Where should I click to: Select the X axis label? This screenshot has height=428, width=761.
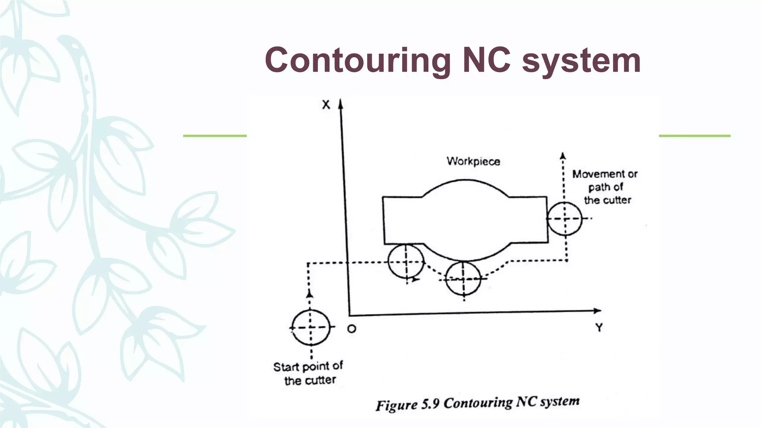[x=326, y=105]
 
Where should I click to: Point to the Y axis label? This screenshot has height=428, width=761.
[x=599, y=328]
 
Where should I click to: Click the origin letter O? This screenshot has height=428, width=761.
[x=352, y=329]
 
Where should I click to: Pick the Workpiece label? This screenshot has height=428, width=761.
[x=473, y=161]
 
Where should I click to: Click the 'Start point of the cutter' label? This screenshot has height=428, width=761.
[x=308, y=373]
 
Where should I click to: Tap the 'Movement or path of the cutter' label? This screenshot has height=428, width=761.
[x=605, y=187]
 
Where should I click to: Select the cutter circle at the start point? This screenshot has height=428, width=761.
[x=311, y=327]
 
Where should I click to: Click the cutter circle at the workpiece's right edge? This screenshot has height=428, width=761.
[x=565, y=218]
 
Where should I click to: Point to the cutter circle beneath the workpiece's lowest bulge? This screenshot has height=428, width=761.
[x=463, y=278]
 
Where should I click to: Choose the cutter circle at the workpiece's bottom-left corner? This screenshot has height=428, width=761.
[x=406, y=262]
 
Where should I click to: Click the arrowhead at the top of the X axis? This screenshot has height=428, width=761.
[x=340, y=103]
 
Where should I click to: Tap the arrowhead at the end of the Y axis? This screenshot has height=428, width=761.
[x=597, y=311]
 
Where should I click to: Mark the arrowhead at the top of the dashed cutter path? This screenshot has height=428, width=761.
[x=563, y=156]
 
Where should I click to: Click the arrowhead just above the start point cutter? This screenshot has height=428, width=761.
[x=309, y=294]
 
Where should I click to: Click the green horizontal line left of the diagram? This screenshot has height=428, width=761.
[x=215, y=136]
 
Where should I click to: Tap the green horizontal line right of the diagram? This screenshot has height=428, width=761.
[x=694, y=136]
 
